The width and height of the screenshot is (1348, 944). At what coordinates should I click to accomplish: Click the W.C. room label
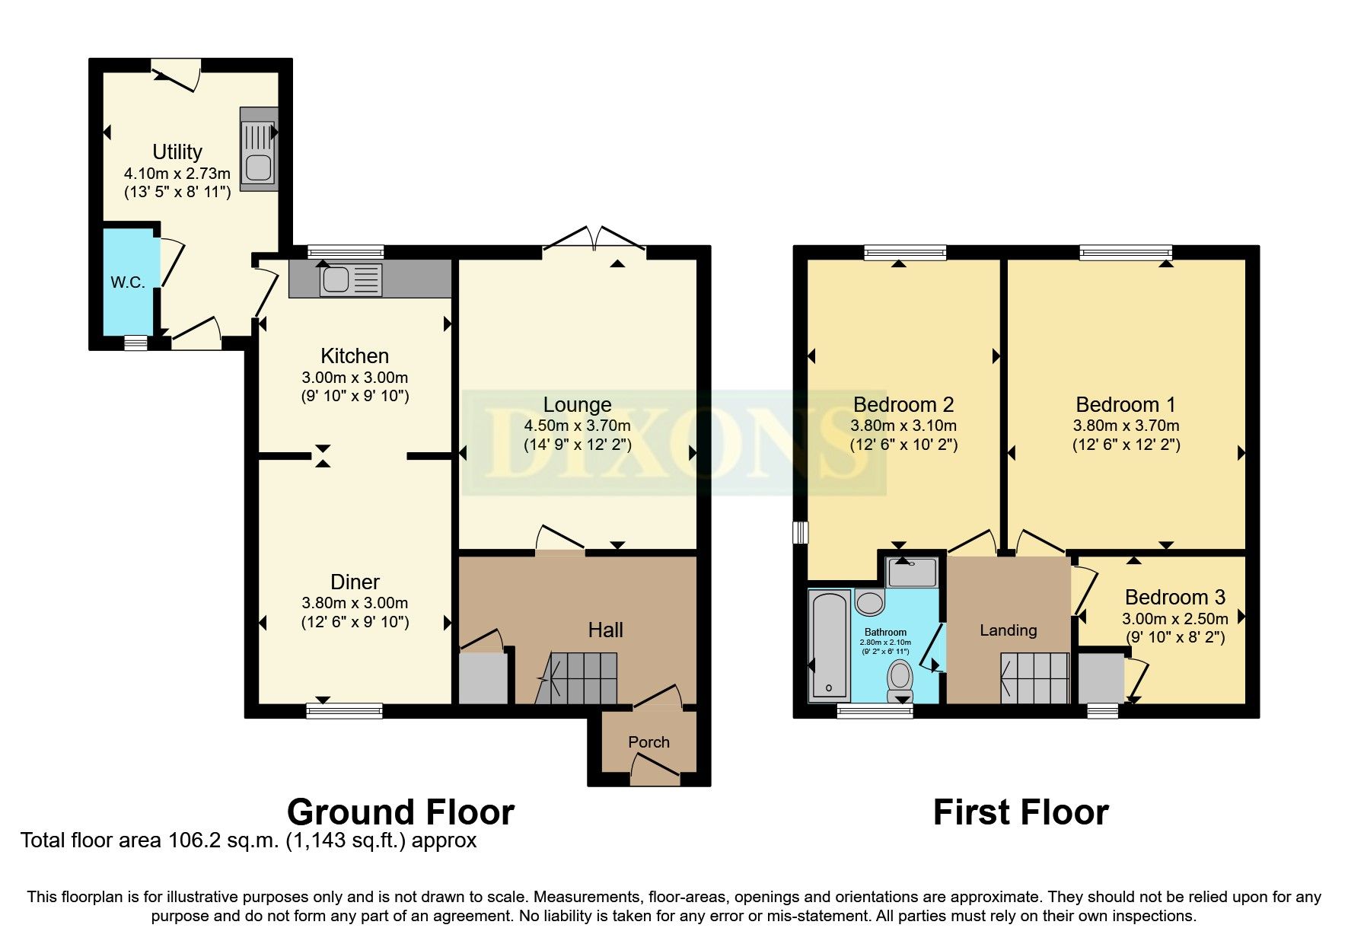[128, 282]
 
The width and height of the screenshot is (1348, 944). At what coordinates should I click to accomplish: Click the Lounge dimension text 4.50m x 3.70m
[577, 426]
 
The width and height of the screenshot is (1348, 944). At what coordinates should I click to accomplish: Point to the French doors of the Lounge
[594, 238]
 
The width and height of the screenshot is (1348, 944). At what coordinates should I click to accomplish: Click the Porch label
[649, 741]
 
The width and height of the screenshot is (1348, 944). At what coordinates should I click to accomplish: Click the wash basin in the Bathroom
[869, 603]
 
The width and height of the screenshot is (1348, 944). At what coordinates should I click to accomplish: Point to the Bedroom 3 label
[1174, 597]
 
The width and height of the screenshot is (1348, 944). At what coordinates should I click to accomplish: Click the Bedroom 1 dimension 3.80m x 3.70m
[1126, 426]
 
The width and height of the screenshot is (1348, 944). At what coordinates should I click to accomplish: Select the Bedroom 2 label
[903, 404]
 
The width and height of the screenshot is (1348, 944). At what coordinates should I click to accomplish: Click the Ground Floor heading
[400, 812]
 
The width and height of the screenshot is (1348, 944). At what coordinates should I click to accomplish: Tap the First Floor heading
[1020, 812]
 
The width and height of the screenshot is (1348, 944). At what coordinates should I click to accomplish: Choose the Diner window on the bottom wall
[344, 710]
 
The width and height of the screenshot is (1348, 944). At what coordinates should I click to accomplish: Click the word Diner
[355, 582]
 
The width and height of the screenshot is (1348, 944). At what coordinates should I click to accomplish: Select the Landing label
[1008, 630]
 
